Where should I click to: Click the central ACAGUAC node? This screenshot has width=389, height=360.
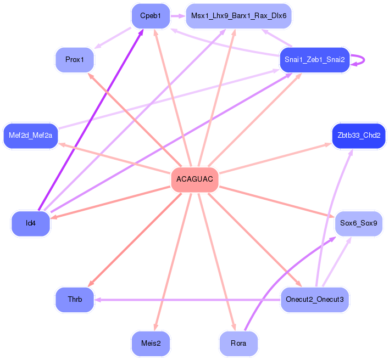point(194,180)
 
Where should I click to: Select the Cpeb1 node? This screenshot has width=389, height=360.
point(151,16)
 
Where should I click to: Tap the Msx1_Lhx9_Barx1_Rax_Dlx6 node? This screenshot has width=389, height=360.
point(238,16)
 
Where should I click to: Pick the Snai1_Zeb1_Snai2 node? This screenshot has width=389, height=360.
point(314,60)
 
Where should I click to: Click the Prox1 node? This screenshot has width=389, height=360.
point(75,59)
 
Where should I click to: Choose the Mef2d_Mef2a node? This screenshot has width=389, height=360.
point(30,136)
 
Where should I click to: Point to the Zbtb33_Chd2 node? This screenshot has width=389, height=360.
point(359,136)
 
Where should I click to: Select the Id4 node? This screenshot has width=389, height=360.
point(31,223)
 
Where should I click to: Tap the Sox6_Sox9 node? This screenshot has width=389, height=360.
point(358,223)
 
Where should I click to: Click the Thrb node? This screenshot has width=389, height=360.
point(75,300)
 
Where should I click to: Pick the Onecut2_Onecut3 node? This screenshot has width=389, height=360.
point(315,300)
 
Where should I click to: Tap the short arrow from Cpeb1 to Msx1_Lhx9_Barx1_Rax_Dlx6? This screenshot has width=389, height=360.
point(177,16)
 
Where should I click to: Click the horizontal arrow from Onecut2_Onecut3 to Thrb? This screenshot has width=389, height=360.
point(187,300)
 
